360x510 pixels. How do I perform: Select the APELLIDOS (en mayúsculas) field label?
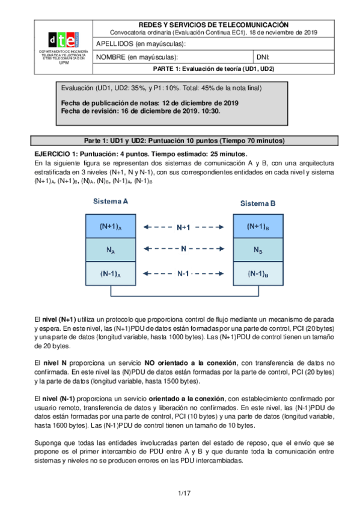142,44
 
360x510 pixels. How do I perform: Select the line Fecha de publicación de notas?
150,103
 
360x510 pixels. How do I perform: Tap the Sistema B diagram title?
258,203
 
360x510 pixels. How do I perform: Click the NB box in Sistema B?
258,250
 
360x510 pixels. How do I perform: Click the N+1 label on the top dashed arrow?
184,228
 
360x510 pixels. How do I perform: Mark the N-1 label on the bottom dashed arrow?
184,274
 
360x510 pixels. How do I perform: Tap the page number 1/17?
184,494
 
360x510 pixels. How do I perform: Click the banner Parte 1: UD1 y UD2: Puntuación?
184,141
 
